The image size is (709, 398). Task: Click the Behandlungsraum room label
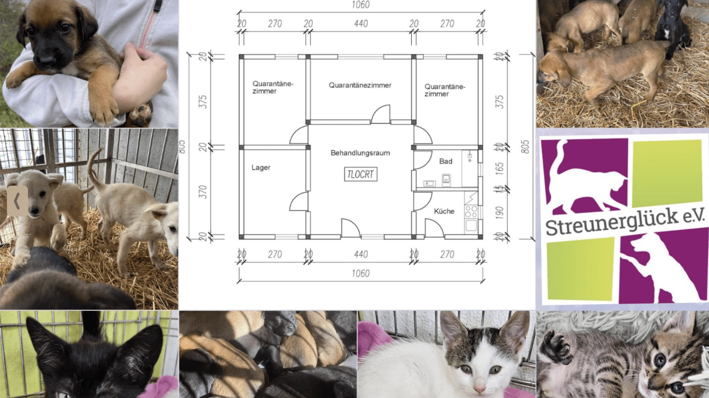click(360, 153)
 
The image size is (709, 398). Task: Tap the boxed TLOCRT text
click(360, 174)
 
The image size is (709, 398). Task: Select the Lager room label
click(261, 168)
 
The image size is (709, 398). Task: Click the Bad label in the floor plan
click(446, 161)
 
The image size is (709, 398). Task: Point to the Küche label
click(444, 211)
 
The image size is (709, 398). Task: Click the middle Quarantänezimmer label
click(360, 85)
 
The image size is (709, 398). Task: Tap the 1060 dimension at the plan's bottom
click(360, 273)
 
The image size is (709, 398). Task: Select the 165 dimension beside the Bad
click(500, 168)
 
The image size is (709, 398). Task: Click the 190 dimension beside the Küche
click(500, 213)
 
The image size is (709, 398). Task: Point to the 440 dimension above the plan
click(361, 24)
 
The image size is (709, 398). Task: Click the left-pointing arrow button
click(17, 201)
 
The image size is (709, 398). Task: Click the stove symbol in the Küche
click(471, 212)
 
